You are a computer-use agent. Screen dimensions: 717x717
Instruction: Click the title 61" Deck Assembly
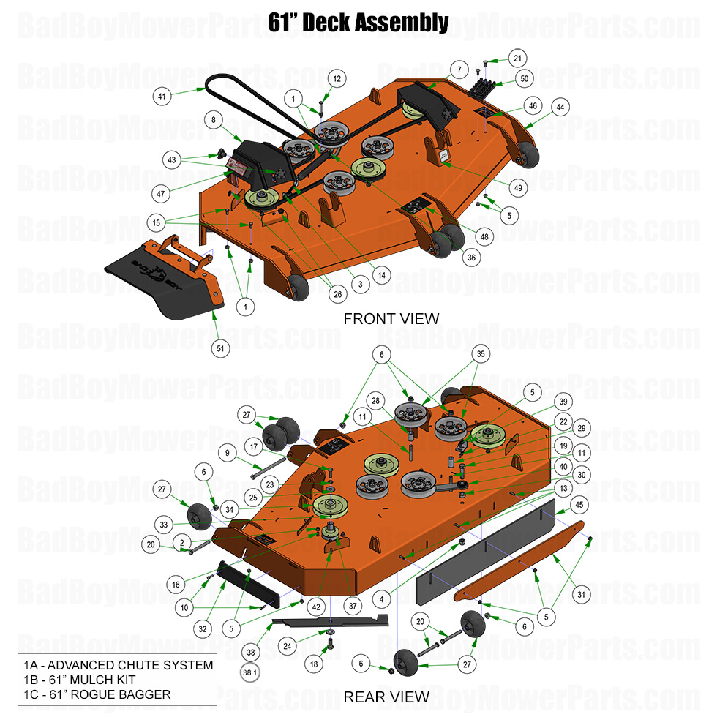pyautogui.click(x=358, y=23)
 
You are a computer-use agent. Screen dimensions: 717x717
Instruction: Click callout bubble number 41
pyautogui.click(x=162, y=95)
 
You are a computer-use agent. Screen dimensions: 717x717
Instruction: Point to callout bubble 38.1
pyautogui.click(x=251, y=670)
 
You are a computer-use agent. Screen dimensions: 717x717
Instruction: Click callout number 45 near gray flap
pyautogui.click(x=579, y=504)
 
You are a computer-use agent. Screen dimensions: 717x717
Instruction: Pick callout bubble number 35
pyautogui.click(x=479, y=353)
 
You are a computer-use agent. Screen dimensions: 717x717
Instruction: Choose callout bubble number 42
pyautogui.click(x=315, y=607)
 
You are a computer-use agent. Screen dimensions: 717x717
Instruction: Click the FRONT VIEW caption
pyautogui.click(x=391, y=318)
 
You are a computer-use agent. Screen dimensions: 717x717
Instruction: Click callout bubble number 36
pyautogui.click(x=470, y=257)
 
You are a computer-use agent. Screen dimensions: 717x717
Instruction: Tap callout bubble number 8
pyautogui.click(x=214, y=119)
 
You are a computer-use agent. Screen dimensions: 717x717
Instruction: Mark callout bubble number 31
pyautogui.click(x=581, y=595)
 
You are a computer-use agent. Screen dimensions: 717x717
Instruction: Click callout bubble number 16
pyautogui.click(x=176, y=585)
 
